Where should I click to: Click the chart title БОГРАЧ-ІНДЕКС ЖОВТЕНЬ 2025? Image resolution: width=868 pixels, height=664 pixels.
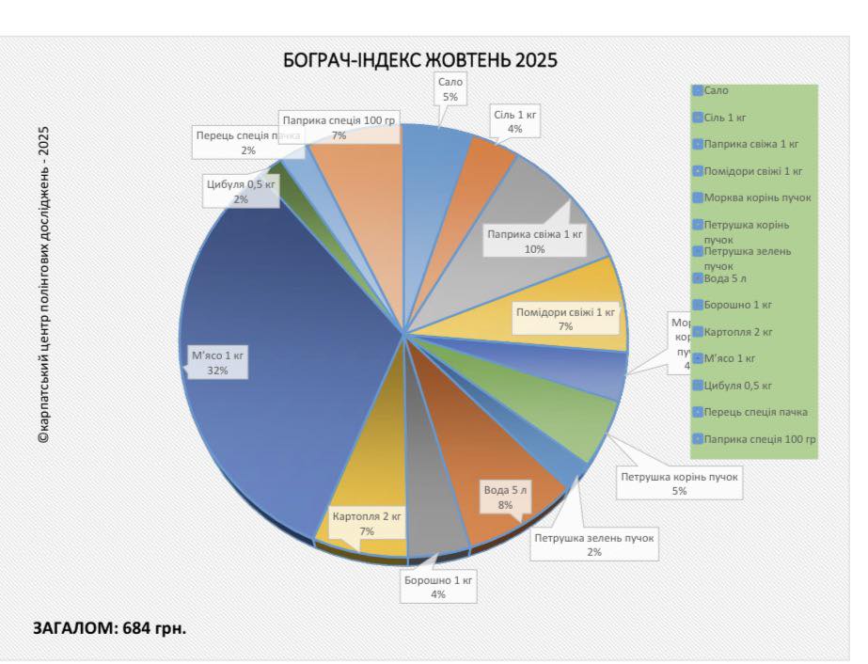click(420, 60)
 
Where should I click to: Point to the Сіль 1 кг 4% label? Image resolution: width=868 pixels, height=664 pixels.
click(514, 121)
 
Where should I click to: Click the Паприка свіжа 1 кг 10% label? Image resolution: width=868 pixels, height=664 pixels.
click(534, 242)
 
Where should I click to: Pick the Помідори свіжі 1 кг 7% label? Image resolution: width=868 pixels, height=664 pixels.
click(565, 319)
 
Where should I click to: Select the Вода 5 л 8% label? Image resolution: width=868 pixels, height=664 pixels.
click(506, 498)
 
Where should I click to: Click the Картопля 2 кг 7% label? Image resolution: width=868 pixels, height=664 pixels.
click(367, 524)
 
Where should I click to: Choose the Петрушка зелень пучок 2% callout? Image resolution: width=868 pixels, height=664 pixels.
click(594, 545)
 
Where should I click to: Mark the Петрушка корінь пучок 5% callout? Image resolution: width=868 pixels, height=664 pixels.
click(679, 483)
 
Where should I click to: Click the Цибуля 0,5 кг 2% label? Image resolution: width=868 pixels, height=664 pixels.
click(242, 191)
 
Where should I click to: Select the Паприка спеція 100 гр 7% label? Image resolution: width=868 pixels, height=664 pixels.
click(339, 128)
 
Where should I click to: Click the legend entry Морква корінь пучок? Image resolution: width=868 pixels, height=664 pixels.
click(756, 198)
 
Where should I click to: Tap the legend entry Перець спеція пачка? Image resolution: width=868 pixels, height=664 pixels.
click(754, 412)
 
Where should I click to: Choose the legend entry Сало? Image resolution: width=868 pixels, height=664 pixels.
click(716, 91)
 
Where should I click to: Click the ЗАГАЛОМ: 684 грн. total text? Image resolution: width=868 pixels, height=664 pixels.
click(110, 627)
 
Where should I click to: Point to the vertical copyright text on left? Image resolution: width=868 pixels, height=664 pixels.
click(44, 284)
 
